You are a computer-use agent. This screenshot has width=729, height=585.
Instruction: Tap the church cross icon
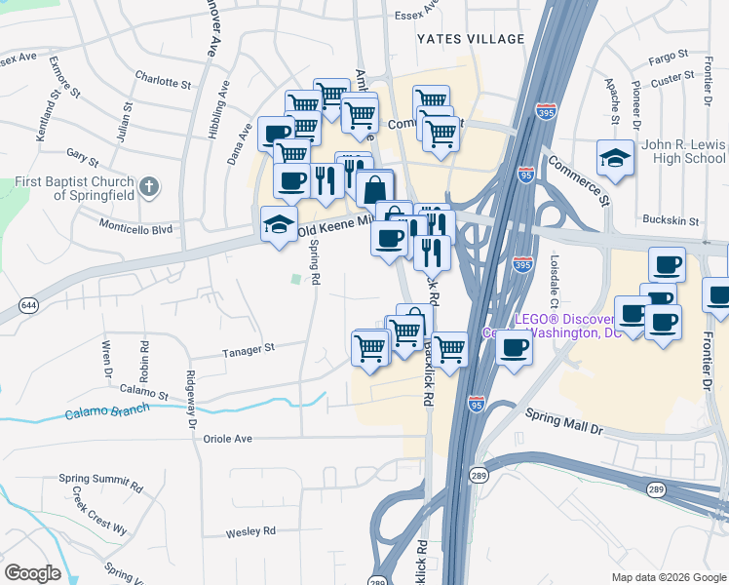[x=148, y=185]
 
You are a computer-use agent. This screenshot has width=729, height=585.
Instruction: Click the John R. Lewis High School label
[x=683, y=151]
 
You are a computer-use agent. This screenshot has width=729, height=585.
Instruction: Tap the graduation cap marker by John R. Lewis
[x=615, y=157]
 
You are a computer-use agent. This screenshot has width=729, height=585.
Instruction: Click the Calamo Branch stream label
[x=107, y=410]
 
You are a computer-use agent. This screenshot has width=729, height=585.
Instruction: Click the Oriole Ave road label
[x=227, y=439]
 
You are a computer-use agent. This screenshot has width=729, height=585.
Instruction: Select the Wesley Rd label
[x=250, y=531]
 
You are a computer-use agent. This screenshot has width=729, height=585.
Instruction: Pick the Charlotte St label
[x=163, y=83]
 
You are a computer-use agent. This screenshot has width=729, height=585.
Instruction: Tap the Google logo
[x=32, y=573]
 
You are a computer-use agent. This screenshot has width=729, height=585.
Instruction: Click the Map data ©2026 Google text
[x=668, y=577]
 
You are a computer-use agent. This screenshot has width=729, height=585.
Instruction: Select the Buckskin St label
[x=668, y=219]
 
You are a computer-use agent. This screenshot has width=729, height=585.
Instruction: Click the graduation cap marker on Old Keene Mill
[x=280, y=225]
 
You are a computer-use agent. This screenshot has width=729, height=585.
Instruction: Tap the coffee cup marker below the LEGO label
[x=515, y=347]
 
